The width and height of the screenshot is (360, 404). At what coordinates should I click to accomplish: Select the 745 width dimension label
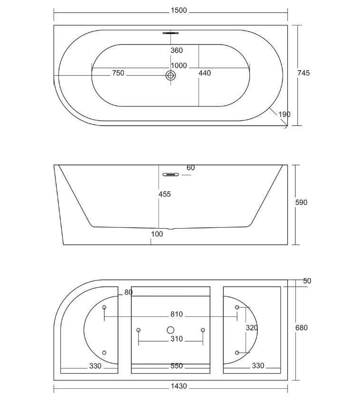pyautogui.click(x=303, y=73)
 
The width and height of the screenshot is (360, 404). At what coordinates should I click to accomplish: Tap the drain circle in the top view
pyautogui.click(x=171, y=75)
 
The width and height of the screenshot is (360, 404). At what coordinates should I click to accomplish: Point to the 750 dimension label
pyautogui.click(x=118, y=73)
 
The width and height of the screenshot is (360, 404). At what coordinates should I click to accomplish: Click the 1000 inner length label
pyautogui.click(x=179, y=66)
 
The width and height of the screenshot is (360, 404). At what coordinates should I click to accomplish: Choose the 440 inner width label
pyautogui.click(x=205, y=73)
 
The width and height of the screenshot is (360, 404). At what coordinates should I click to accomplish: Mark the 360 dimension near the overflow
pyautogui.click(x=177, y=50)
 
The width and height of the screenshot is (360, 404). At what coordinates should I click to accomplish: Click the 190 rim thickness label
pyautogui.click(x=284, y=114)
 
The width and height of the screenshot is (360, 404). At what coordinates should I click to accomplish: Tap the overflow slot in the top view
pyautogui.click(x=171, y=33)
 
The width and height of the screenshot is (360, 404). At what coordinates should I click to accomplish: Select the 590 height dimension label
pyautogui.click(x=301, y=202)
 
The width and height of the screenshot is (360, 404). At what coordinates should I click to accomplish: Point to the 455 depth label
pyautogui.click(x=164, y=194)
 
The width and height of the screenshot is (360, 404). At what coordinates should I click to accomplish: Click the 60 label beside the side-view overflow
pyautogui.click(x=190, y=168)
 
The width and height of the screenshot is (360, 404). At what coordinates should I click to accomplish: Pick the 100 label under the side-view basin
pyautogui.click(x=157, y=234)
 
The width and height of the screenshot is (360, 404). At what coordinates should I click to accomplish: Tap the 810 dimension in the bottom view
pyautogui.click(x=177, y=315)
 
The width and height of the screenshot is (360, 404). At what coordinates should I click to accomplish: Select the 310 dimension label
pyautogui.click(x=177, y=339)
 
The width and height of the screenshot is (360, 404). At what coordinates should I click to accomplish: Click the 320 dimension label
pyautogui.click(x=252, y=328)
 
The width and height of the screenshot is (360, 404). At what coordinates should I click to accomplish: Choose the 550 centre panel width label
pyautogui.click(x=177, y=366)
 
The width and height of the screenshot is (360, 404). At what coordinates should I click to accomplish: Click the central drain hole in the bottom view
pyautogui.click(x=171, y=330)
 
